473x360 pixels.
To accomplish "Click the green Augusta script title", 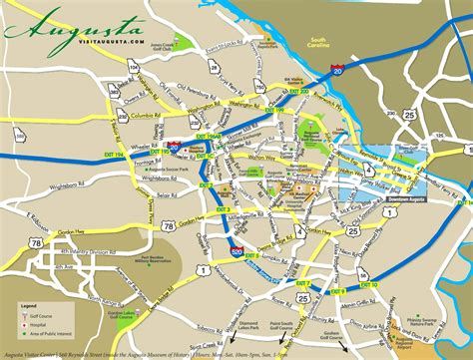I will pos(62,27).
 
